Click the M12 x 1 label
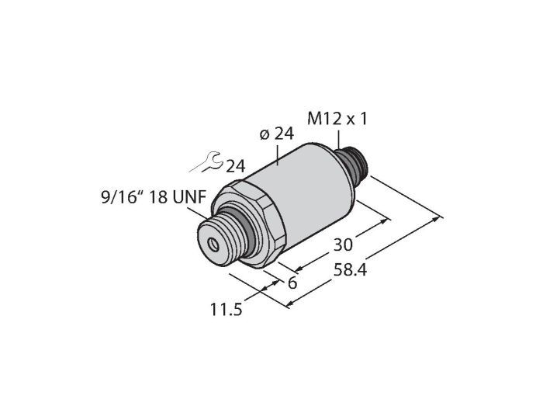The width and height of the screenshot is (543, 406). (x=337, y=120)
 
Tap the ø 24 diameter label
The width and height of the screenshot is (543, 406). (x=276, y=134)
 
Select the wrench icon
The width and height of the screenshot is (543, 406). (x=206, y=161)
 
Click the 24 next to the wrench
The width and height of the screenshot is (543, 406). (x=236, y=166)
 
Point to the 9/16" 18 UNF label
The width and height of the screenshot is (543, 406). (x=154, y=197)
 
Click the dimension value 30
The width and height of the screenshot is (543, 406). (x=343, y=245)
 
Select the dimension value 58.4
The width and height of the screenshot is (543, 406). (x=350, y=270)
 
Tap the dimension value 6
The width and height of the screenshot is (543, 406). (x=292, y=283)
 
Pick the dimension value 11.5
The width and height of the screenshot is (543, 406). (x=227, y=309)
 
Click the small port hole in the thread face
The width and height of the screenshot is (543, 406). (x=213, y=245)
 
